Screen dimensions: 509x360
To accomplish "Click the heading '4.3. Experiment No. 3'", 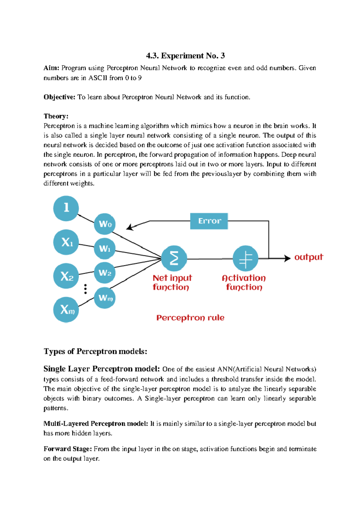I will tap(185, 56).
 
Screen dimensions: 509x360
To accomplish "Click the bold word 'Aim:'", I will tap(51, 68).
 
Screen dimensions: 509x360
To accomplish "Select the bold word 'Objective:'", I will tap(59, 97).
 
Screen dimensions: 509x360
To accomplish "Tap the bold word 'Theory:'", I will tap(56, 116).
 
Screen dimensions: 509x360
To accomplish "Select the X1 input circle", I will tap(66, 242).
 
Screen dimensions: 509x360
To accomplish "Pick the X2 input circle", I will tap(66, 276).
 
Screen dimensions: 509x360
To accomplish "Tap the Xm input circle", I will tap(66, 310).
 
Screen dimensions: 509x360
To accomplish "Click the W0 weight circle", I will tap(105, 224).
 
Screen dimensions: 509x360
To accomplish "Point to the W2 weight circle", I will tap(105, 273).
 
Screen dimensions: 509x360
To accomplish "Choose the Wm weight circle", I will tap(105, 298).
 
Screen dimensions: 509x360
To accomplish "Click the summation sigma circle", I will tap(174, 258).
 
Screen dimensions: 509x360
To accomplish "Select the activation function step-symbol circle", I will tap(245, 258).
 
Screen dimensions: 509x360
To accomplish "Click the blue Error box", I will tap(209, 221).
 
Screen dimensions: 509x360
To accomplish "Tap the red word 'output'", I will tap(308, 257).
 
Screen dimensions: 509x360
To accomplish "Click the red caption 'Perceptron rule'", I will tap(190, 318).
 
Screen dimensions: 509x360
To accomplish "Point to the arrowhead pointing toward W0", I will tap(129, 227).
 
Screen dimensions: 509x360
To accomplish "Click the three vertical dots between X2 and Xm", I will tap(85, 289).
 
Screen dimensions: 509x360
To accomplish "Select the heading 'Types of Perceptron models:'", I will tap(95, 351).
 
